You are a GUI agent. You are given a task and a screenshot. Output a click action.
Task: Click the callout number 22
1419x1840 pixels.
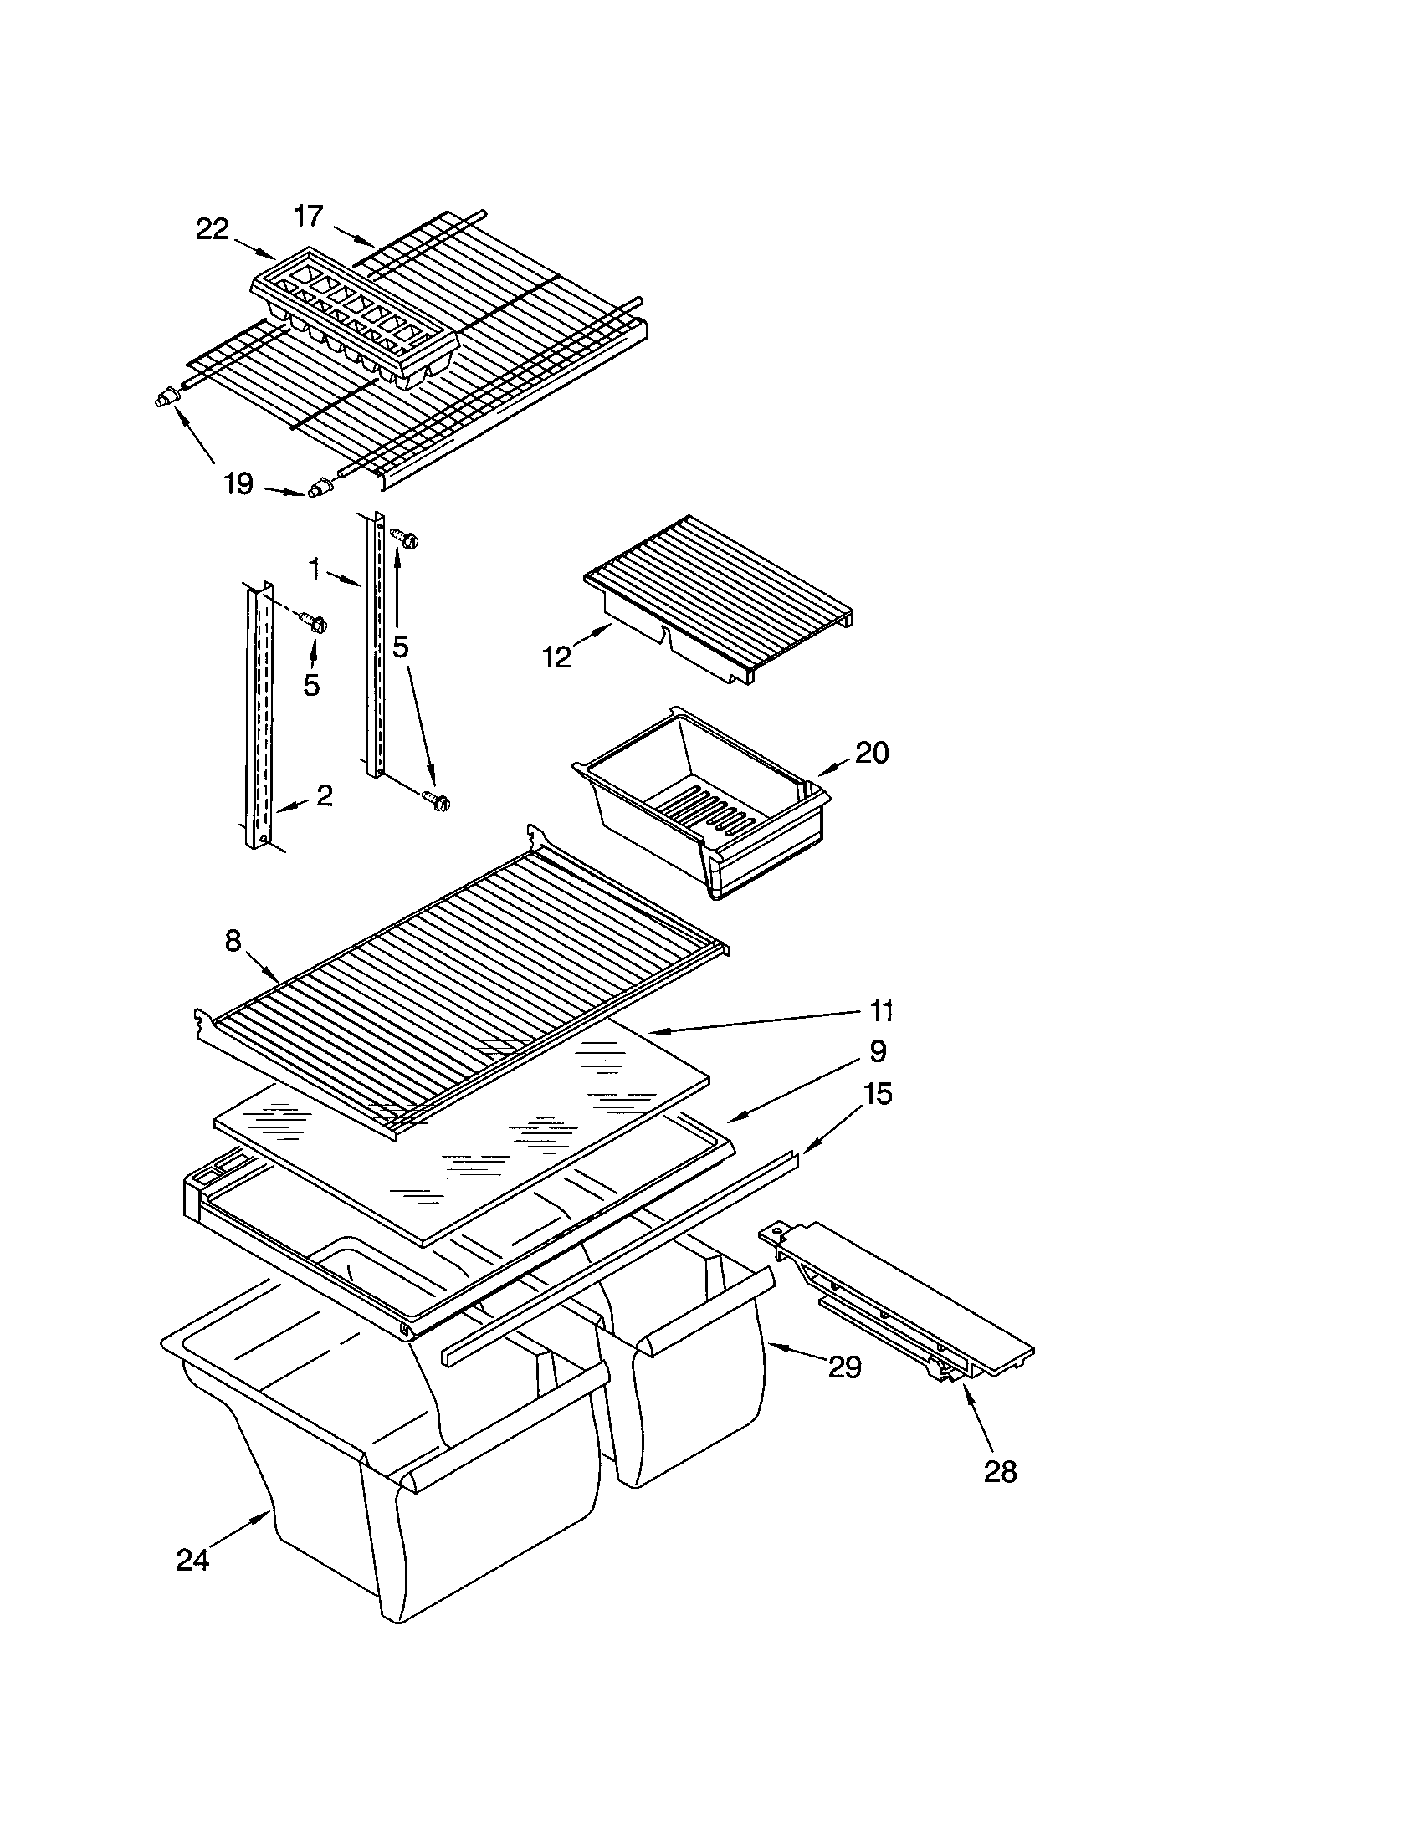pos(213,228)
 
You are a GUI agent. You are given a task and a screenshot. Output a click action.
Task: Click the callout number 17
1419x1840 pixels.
pos(309,217)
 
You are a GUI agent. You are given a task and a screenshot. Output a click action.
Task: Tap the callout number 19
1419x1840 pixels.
pos(238,483)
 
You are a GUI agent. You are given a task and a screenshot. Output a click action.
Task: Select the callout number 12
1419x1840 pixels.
pos(557,657)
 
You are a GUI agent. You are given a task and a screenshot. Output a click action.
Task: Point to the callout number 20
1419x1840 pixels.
pos(871,753)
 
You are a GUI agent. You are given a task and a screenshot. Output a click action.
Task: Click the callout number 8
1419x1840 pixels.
pos(233,941)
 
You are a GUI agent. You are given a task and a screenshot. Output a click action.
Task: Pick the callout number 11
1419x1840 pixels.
pos(880,1009)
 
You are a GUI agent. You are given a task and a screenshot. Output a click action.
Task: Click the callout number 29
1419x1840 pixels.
pos(844,1367)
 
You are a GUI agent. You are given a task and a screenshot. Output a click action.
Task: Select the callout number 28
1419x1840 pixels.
pos(1000,1471)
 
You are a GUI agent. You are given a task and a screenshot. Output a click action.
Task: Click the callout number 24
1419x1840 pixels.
pos(192,1561)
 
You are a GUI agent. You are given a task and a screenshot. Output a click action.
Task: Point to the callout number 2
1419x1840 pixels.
pos(325,795)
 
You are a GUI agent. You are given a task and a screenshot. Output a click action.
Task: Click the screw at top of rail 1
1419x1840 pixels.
pos(404,538)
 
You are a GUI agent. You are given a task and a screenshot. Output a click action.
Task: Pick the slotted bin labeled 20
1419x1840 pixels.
pos(699,800)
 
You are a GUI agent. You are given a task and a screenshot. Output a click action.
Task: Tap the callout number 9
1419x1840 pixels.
pos(877,1051)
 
